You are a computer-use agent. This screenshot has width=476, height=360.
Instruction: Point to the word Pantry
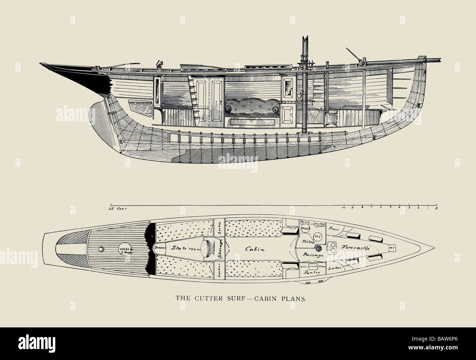click(309, 272)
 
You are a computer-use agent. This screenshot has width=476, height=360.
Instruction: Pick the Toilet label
click(306, 242)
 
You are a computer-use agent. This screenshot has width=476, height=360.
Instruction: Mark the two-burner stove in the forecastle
click(334, 248)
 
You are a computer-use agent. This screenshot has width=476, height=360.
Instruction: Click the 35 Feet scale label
click(116, 209)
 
